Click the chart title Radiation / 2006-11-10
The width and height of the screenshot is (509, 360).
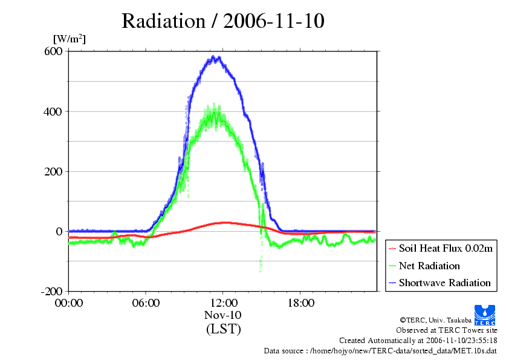pos(222,21)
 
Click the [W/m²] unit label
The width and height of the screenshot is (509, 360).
pos(70,39)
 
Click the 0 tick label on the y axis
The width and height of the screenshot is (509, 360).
pos(59,231)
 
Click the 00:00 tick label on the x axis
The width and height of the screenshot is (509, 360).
pos(68,303)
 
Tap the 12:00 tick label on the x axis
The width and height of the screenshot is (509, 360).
pos(223,303)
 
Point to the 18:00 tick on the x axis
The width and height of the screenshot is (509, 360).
pos(300,303)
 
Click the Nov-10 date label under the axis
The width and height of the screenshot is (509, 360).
pos(223,315)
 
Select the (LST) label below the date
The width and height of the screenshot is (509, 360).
pos(223,329)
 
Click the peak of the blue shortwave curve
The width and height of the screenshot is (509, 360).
pos(215,58)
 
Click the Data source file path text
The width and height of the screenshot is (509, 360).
pos(380,350)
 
